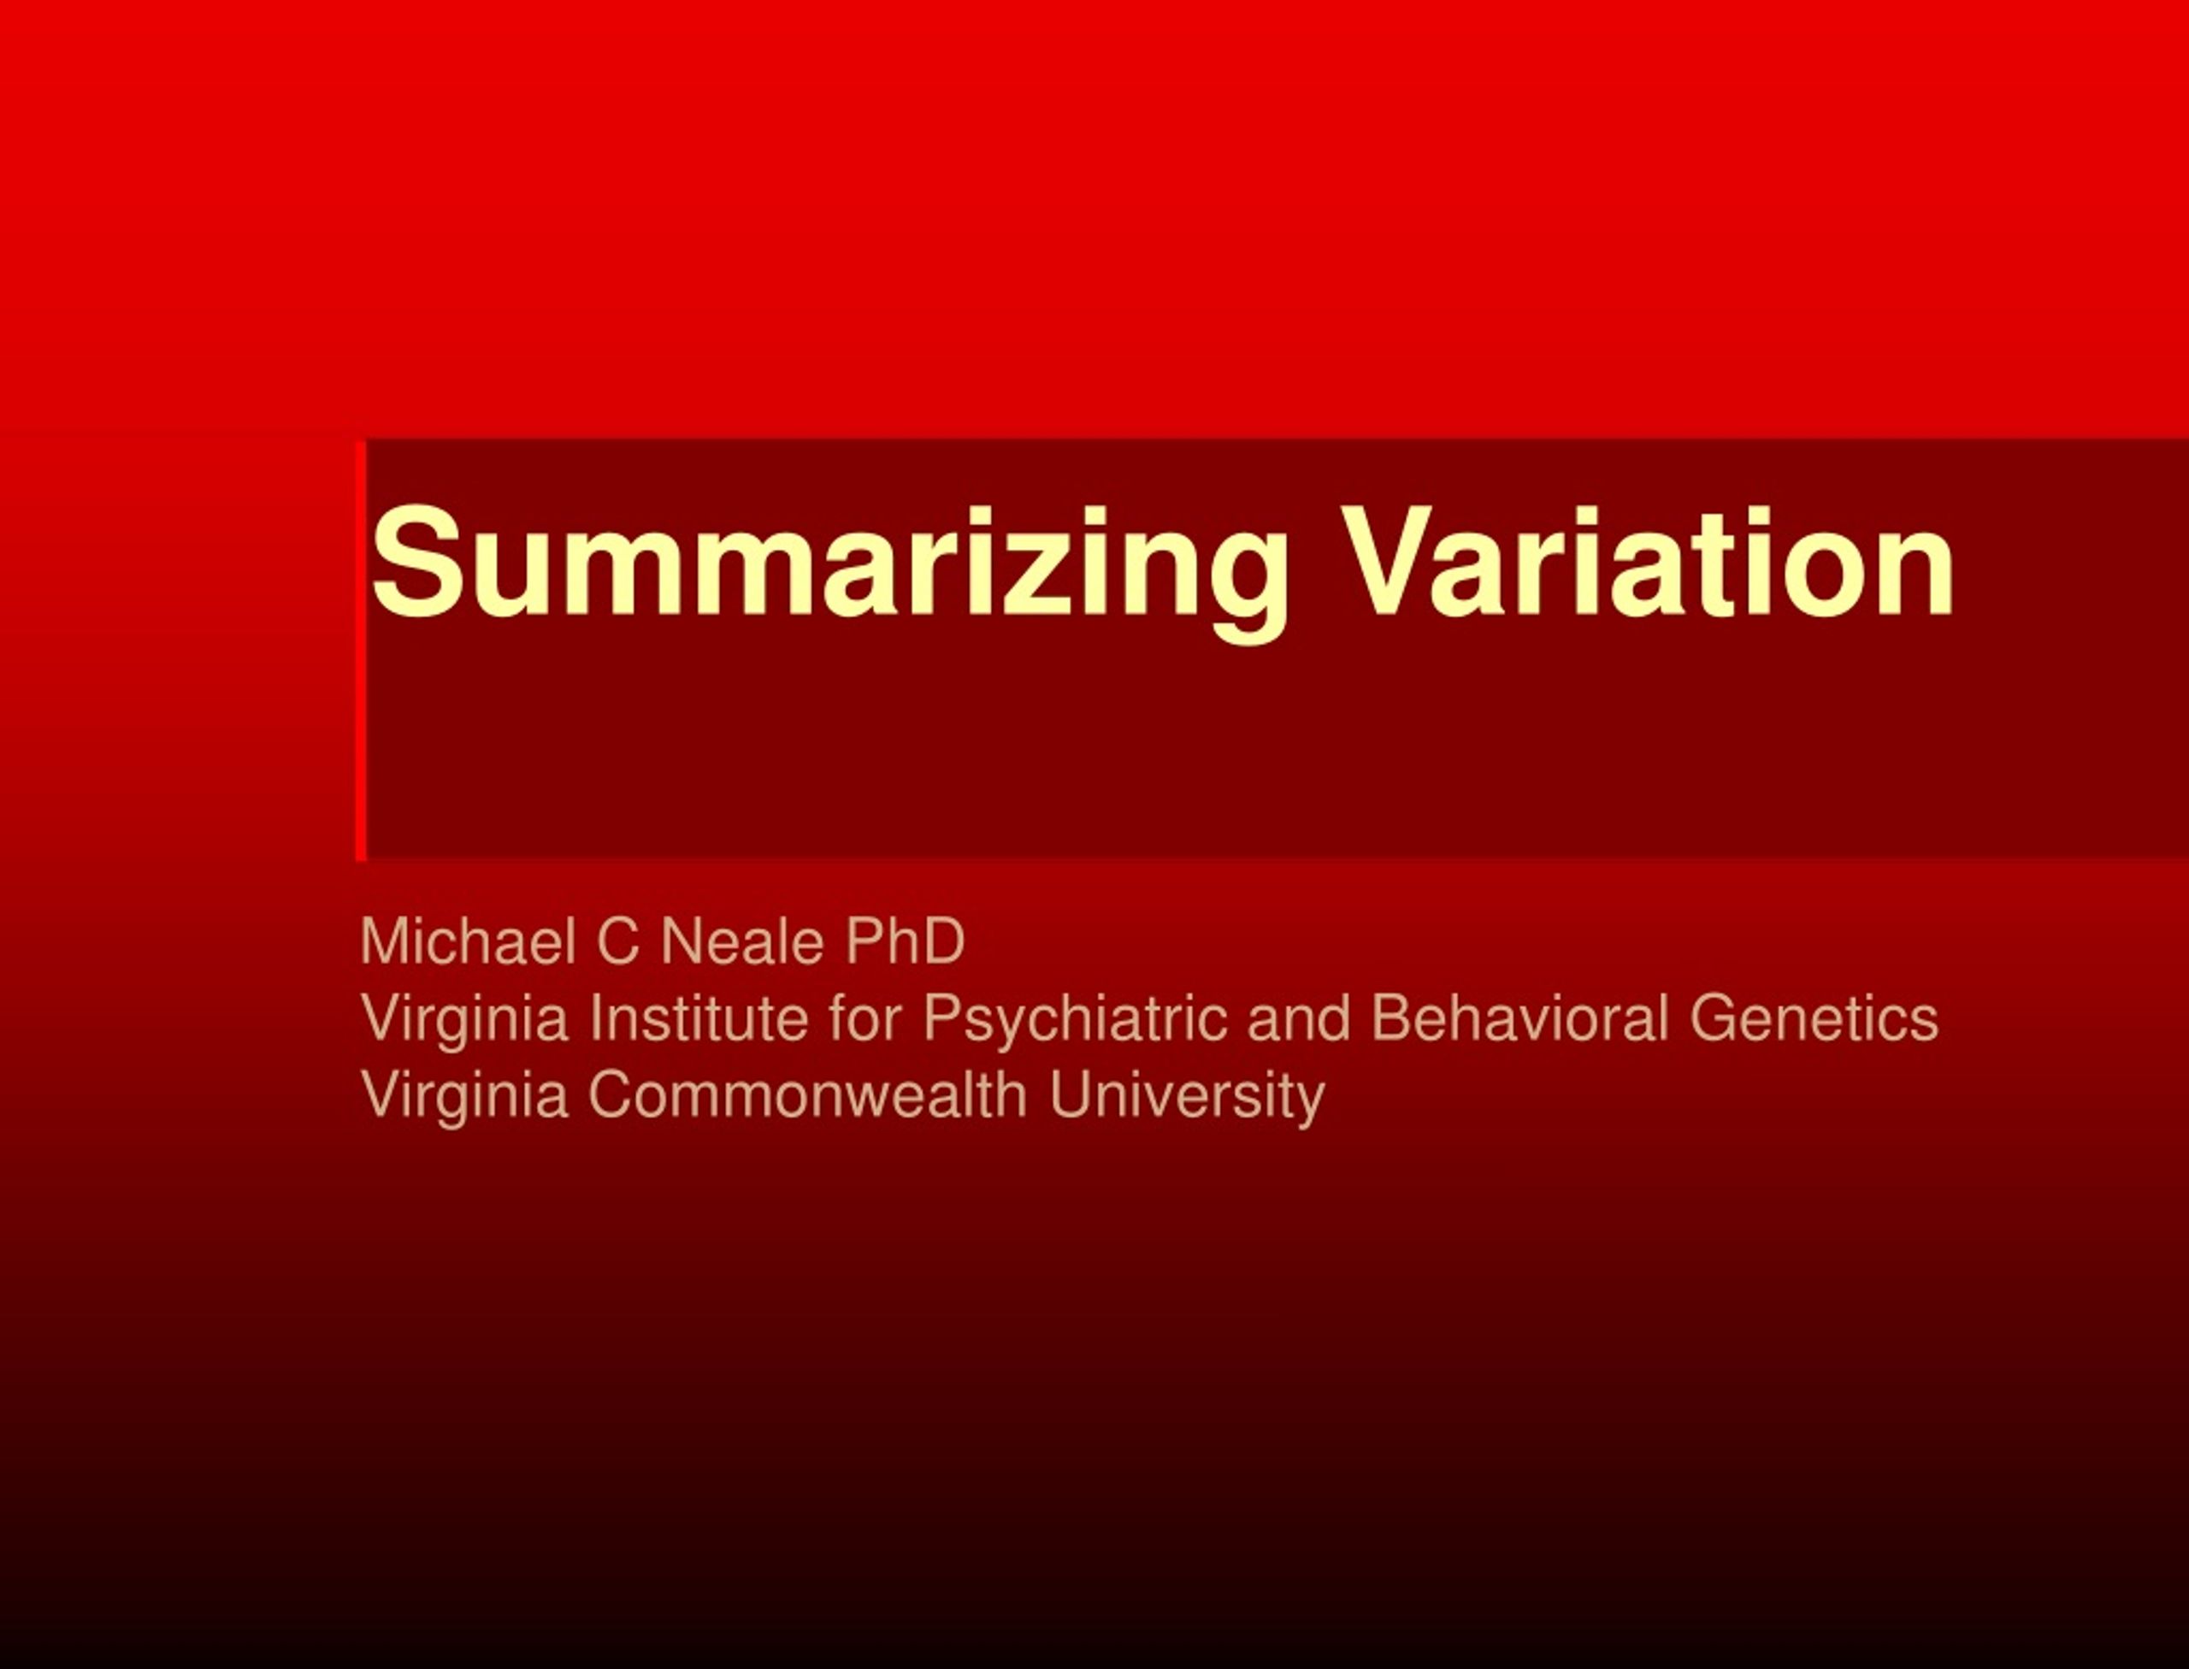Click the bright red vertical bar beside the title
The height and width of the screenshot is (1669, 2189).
(x=361, y=650)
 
